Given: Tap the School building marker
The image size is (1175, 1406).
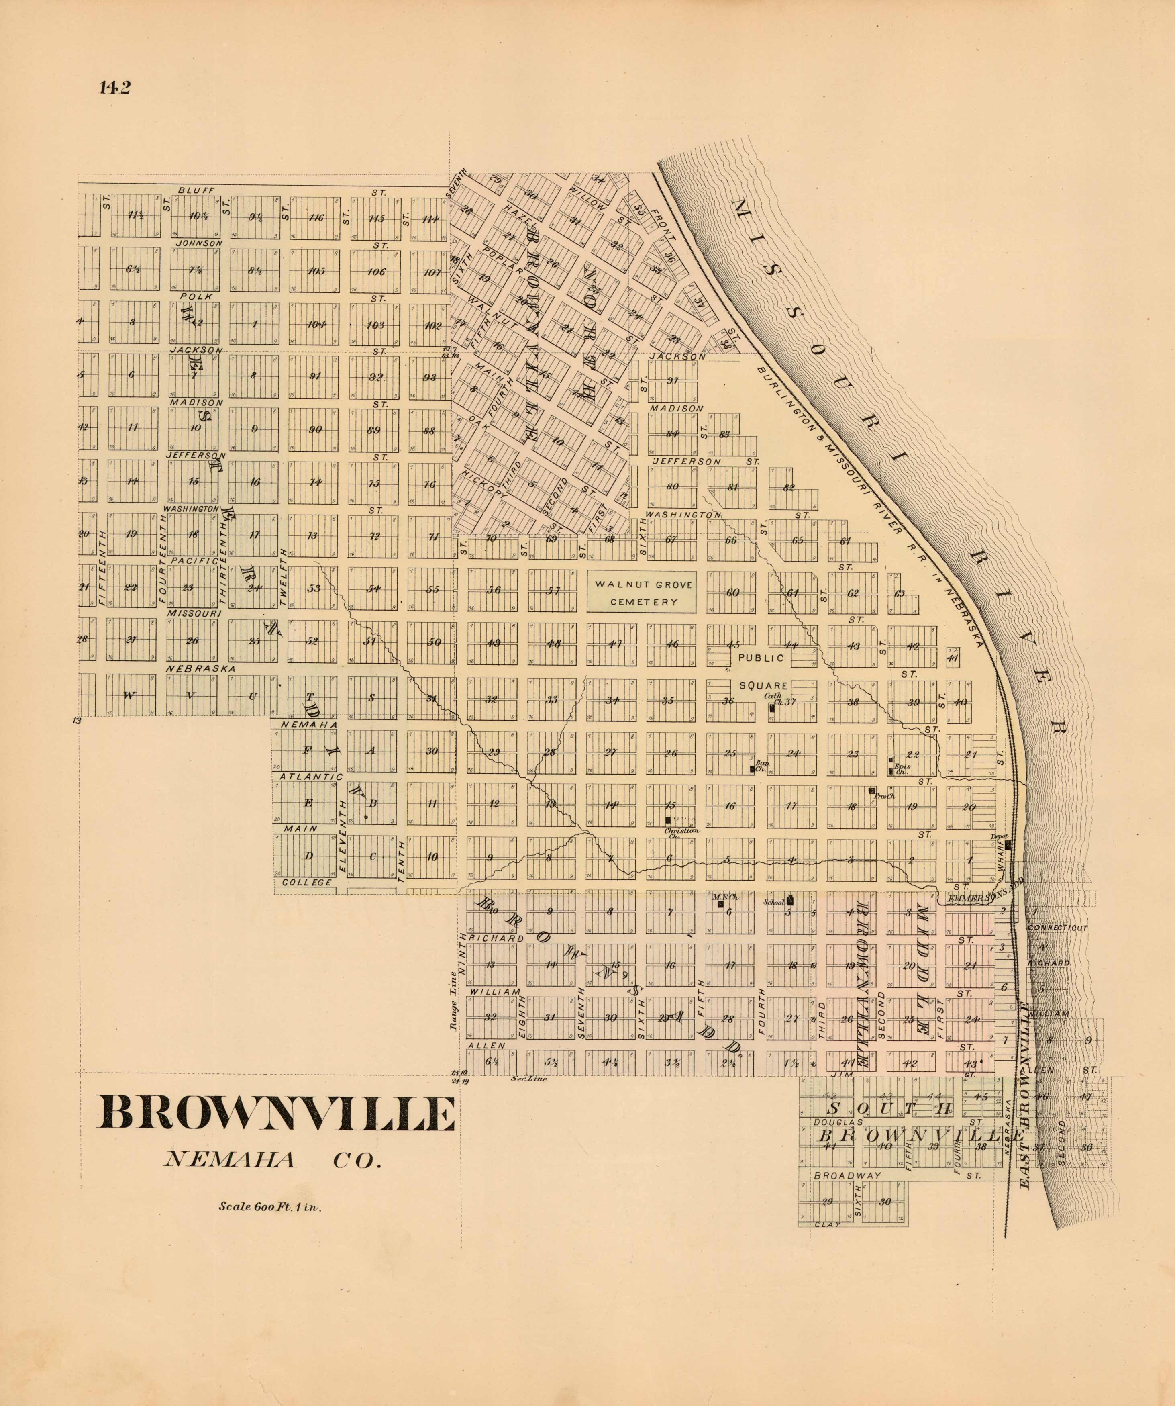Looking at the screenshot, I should point(789,899).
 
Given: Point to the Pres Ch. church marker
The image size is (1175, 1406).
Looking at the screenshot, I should point(872,791).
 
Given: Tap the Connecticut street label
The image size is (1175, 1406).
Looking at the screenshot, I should point(1057,928).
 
